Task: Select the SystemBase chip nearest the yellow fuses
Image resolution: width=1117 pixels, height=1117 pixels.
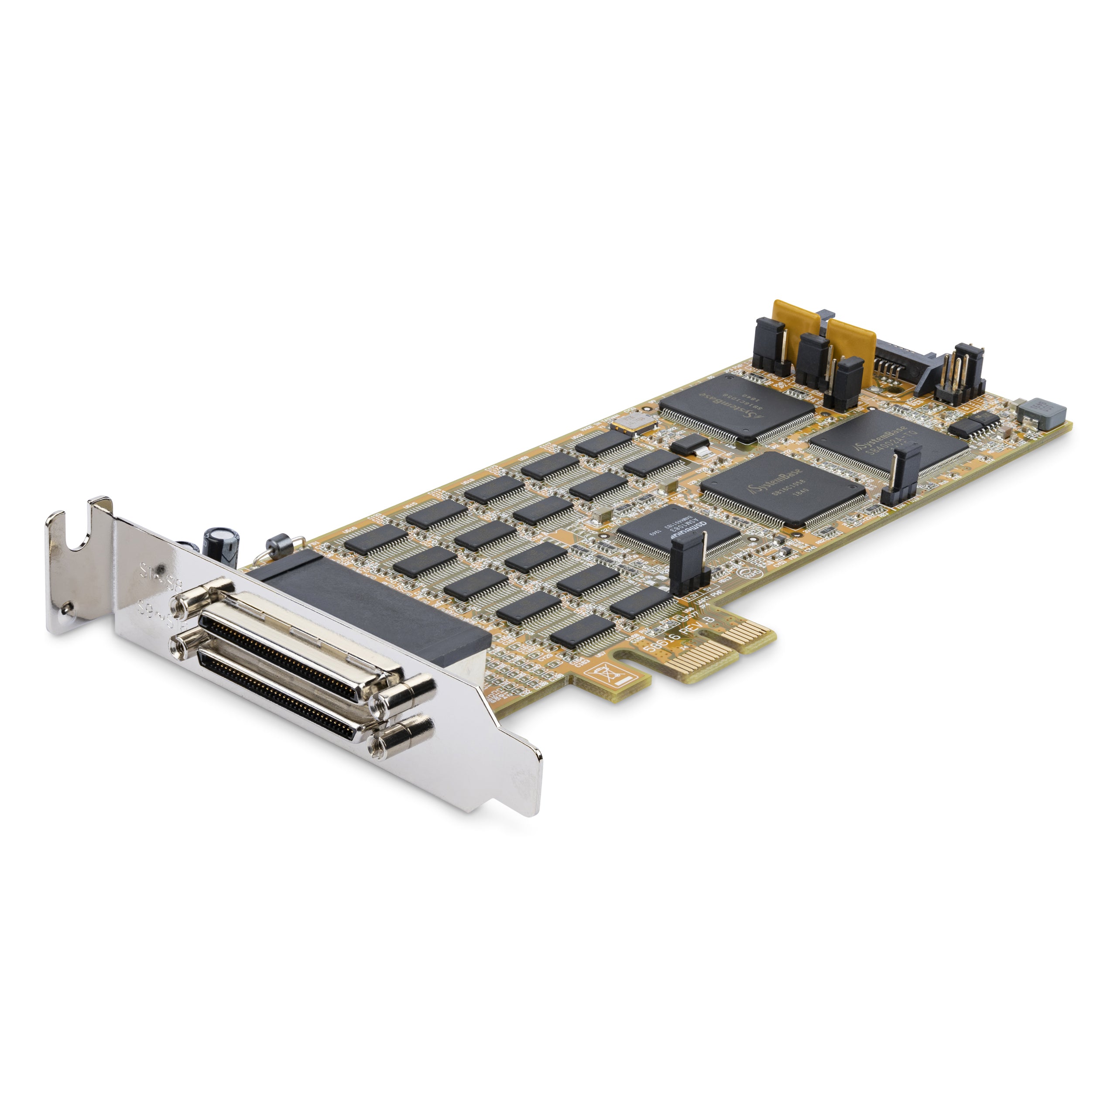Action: pos(737,408)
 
